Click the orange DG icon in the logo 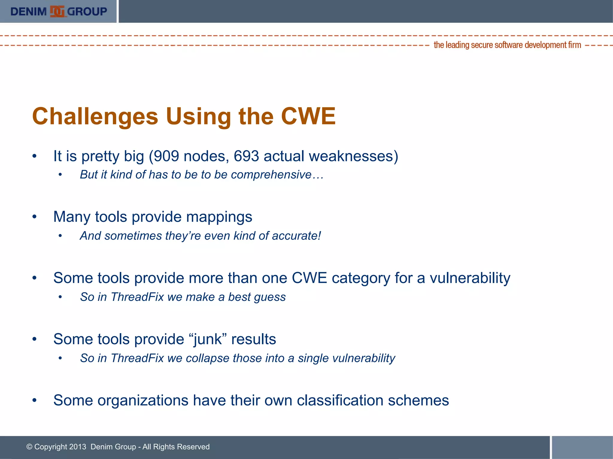[x=57, y=12]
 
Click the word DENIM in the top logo [x=28, y=12]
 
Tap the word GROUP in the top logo [x=87, y=12]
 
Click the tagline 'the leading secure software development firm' [x=507, y=45]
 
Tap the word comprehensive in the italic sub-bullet [x=271, y=175]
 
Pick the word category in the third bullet [x=361, y=279]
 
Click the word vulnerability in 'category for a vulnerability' [x=470, y=279]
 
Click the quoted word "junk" [x=208, y=339]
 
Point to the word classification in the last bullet [x=340, y=400]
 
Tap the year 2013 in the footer [x=78, y=447]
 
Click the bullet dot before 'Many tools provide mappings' [x=35, y=217]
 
